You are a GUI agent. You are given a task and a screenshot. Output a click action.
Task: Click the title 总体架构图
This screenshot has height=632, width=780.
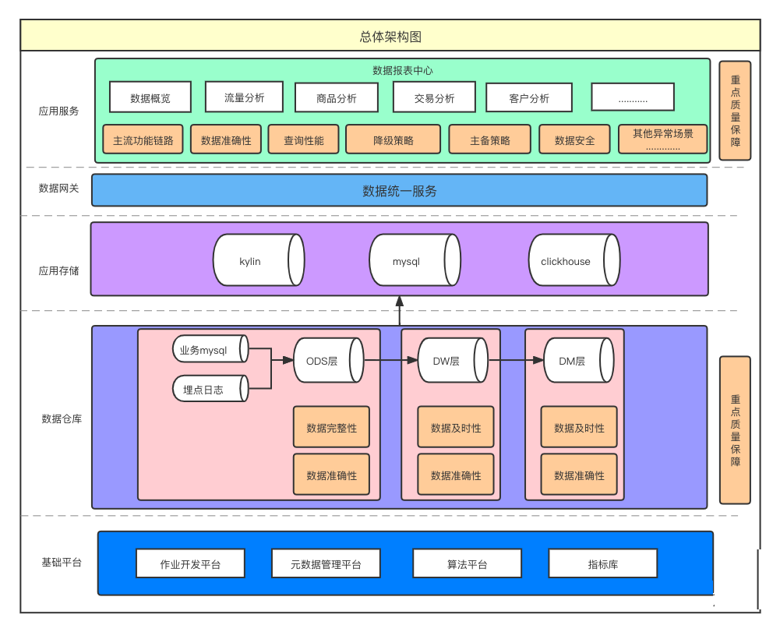coord(390,37)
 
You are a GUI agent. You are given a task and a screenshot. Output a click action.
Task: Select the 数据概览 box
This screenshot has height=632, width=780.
coord(150,98)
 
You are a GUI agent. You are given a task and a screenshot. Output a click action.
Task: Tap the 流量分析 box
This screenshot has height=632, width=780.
coord(244,97)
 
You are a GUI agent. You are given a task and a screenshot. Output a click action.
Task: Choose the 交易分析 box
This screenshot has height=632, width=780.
coord(434,98)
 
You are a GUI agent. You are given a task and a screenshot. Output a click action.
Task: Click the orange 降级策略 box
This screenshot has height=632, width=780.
coord(394,140)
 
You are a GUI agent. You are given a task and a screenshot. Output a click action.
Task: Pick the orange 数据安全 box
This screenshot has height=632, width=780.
coord(574,140)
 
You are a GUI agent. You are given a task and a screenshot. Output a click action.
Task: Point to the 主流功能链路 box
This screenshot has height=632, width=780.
coord(143,140)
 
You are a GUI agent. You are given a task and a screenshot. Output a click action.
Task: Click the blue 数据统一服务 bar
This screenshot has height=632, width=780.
coord(399,191)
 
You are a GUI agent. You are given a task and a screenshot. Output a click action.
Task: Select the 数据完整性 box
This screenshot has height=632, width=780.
coord(331,428)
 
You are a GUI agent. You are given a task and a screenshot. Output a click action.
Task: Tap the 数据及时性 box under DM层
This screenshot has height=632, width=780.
coord(579,428)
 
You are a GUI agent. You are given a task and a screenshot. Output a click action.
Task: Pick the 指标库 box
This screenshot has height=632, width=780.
coord(602,563)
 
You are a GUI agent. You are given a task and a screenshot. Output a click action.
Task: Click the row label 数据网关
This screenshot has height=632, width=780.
coord(58,189)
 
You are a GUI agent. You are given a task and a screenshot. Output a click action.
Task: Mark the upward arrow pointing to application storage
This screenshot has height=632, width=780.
coord(400,311)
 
